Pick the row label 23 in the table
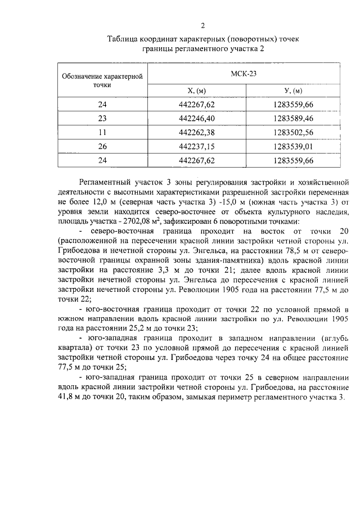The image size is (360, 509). pyautogui.click(x=102, y=119)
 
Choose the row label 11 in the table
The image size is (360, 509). pyautogui.click(x=102, y=133)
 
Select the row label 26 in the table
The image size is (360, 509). pyautogui.click(x=102, y=146)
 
